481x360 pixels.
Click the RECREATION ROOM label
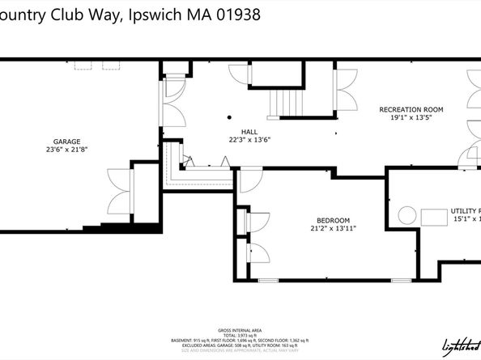(411, 108)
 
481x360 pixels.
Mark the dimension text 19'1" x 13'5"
(411, 117)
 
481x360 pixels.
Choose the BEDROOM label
(333, 220)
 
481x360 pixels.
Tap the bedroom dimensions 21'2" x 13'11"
(333, 229)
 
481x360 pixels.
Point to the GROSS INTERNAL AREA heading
(240, 331)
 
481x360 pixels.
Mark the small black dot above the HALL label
(230, 117)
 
